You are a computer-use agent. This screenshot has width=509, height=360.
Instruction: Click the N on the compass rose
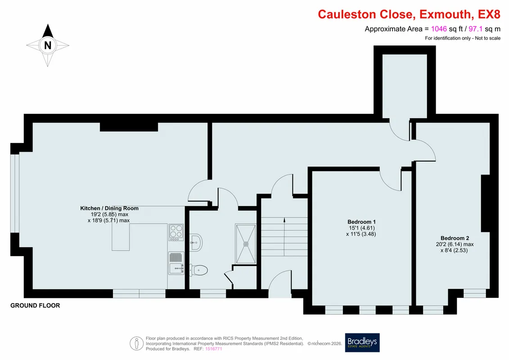(x=48, y=45)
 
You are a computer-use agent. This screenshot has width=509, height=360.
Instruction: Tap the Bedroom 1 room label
(x=361, y=222)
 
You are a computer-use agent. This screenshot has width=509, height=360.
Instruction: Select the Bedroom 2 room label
(x=455, y=238)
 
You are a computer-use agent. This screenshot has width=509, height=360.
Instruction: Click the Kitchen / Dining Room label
(x=109, y=208)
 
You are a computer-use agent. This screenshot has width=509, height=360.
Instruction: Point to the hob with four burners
(x=176, y=232)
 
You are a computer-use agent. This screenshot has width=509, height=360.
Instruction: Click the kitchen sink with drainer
(x=176, y=263)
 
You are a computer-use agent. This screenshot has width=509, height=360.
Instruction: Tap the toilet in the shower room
(x=198, y=270)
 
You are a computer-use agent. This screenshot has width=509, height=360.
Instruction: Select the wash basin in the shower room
(x=196, y=242)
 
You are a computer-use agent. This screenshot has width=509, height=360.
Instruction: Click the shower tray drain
(x=246, y=244)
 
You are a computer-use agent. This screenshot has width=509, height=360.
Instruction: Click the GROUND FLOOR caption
(x=35, y=306)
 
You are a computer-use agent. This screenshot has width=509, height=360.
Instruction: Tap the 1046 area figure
(x=439, y=29)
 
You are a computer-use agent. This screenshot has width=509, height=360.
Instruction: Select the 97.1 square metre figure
(x=476, y=29)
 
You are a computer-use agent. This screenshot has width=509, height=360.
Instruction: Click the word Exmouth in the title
(x=445, y=14)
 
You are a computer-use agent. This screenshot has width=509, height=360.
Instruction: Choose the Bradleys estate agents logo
(x=362, y=342)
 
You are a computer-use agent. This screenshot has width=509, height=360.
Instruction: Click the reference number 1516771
(x=214, y=349)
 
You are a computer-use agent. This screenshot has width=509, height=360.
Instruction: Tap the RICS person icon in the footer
(x=137, y=343)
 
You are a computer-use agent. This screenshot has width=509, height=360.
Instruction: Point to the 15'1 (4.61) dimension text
(x=362, y=228)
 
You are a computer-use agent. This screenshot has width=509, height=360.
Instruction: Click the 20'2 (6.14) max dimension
(x=455, y=244)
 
